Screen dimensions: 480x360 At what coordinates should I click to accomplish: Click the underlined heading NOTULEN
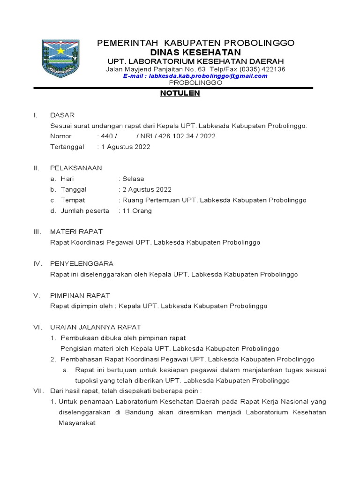180,93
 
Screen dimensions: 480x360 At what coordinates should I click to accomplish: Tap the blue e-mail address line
195,76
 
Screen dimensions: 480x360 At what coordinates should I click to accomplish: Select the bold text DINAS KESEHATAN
195,52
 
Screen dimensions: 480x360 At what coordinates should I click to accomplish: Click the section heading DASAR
62,115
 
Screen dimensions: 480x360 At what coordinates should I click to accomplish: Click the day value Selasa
133,179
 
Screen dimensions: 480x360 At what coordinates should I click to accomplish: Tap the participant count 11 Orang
137,210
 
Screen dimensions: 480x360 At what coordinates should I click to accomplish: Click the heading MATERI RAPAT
76,232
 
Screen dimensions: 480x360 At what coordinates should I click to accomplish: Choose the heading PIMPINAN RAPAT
80,295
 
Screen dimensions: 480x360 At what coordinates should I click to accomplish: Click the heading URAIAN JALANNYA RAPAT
96,327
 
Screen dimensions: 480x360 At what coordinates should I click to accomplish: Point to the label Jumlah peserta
85,210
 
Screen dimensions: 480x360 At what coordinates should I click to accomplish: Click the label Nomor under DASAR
61,136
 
